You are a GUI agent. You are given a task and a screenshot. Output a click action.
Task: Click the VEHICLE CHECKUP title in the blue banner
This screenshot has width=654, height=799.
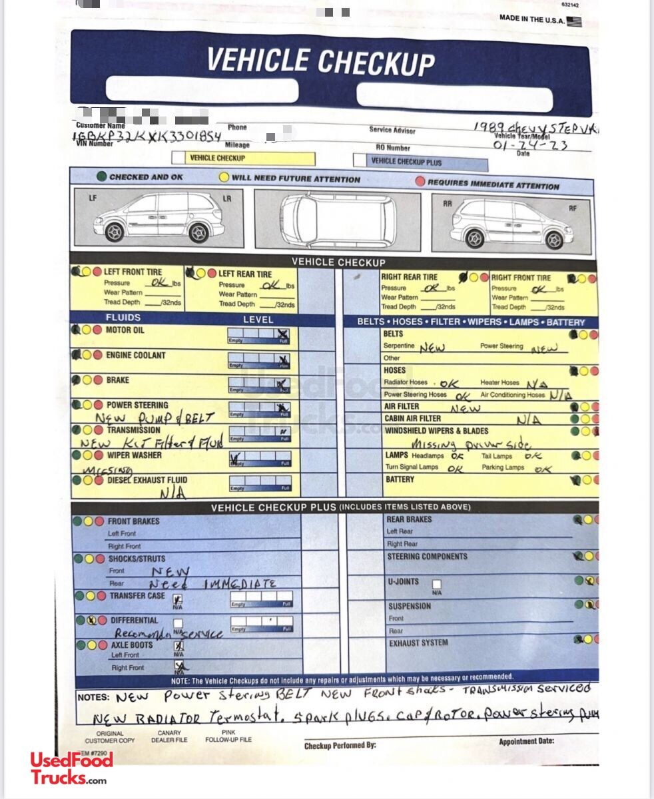tap(320, 62)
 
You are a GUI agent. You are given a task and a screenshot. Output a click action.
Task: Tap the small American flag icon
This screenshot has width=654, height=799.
tap(574, 21)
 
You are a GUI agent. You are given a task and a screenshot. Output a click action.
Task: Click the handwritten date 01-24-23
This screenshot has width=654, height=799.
tap(530, 144)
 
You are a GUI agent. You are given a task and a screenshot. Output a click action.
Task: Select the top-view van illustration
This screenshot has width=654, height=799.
tap(337, 221)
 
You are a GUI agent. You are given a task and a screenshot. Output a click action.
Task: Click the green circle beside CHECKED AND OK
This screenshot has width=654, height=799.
tap(101, 177)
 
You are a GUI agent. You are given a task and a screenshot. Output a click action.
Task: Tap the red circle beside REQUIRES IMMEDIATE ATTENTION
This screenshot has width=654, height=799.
tap(420, 182)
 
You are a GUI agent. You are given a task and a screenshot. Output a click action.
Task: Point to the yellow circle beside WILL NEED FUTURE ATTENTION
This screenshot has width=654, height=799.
tap(224, 178)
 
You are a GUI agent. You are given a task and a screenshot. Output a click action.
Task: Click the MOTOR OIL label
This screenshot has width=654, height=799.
tap(125, 330)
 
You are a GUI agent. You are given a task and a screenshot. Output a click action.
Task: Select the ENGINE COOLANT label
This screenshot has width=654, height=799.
tap(135, 356)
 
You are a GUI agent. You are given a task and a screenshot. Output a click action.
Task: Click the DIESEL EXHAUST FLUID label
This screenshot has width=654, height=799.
tap(147, 480)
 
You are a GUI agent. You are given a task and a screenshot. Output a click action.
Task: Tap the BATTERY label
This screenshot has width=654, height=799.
tap(399, 479)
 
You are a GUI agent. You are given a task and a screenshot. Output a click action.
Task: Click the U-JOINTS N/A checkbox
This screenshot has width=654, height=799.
tap(436, 585)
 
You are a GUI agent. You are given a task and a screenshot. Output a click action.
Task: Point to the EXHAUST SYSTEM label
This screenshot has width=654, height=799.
tap(418, 643)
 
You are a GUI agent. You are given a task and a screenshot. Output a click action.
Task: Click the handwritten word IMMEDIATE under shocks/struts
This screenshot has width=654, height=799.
tap(239, 584)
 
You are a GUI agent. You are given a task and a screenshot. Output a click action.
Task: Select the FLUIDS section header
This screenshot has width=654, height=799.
tap(123, 318)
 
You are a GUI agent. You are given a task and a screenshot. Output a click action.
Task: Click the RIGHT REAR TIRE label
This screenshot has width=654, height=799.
tap(409, 277)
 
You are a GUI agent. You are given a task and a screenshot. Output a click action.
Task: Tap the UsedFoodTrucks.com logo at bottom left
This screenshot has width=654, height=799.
tap(71, 768)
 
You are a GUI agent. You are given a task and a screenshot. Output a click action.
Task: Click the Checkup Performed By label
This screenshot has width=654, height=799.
tap(340, 746)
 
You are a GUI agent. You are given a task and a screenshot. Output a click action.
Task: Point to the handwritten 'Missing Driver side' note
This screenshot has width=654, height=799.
tap(471, 444)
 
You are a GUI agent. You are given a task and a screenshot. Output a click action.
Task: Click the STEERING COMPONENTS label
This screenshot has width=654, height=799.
tap(427, 557)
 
